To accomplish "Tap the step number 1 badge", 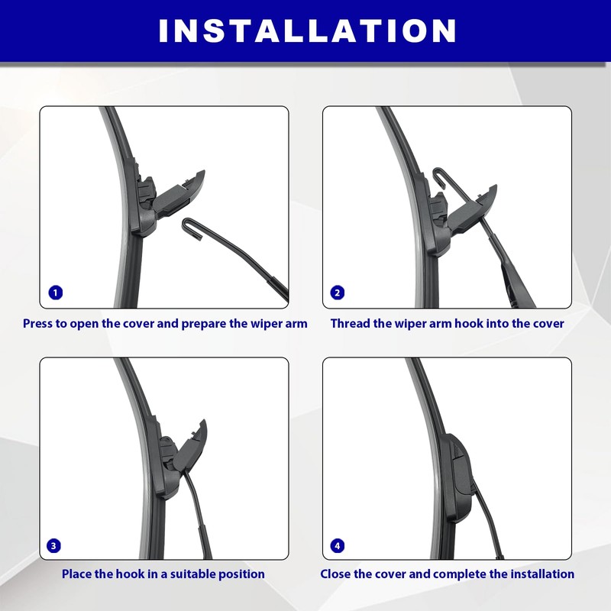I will [54, 293].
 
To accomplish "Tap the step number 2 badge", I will [337, 293].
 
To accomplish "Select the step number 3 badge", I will [54, 545].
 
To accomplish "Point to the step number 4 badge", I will [337, 545].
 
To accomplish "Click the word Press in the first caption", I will [38, 323].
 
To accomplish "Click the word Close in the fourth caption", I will [337, 574].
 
